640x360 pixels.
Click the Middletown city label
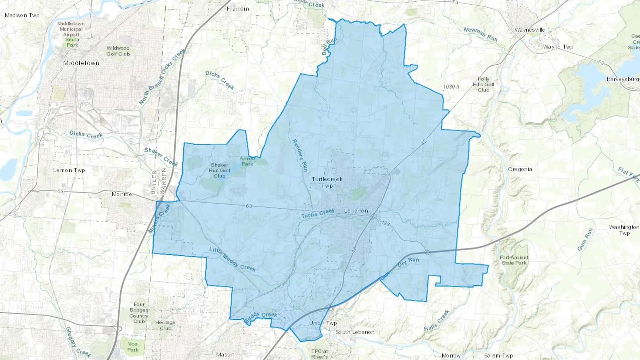pyautogui.click(x=81, y=63)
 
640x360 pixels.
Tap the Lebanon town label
pyautogui.click(x=356, y=211)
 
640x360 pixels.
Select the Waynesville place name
pyautogui.click(x=529, y=30)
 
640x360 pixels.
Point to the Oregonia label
pyautogui.click(x=520, y=169)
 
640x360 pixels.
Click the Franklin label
pyautogui.click(x=238, y=9)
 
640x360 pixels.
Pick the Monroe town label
pyautogui.click(x=122, y=194)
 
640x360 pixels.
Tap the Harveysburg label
pyautogui.click(x=622, y=79)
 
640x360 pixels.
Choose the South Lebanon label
pyautogui.click(x=354, y=332)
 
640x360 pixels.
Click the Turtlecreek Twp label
pyautogui.click(x=327, y=182)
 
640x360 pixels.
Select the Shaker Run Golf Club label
pyautogui.click(x=219, y=170)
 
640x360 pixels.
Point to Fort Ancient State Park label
pyautogui.click(x=514, y=260)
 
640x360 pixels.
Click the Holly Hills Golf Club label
pyautogui.click(x=483, y=85)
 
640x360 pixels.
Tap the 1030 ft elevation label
pyautogui.click(x=451, y=87)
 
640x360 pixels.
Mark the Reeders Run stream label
pyautogui.click(x=299, y=155)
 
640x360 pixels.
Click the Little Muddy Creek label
pyautogui.click(x=232, y=259)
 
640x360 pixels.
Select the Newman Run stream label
pyautogui.click(x=480, y=34)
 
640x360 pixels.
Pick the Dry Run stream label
pyautogui.click(x=408, y=262)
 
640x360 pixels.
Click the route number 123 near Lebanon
pyautogui.click(x=385, y=223)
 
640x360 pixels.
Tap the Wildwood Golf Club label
pyautogui.click(x=118, y=51)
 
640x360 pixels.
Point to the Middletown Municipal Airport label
pyautogui.click(x=71, y=29)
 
